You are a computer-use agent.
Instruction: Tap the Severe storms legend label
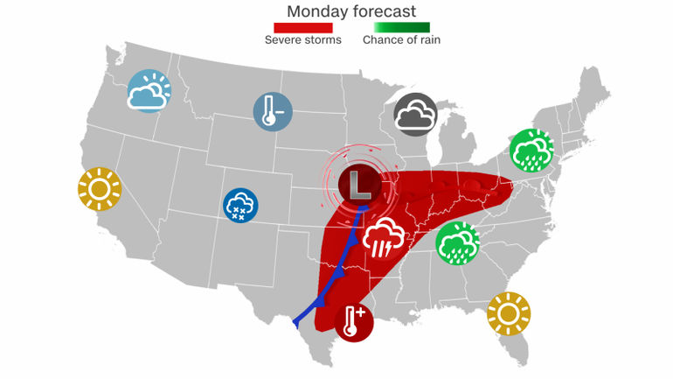pos(302,40)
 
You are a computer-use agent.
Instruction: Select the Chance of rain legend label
pos(401,40)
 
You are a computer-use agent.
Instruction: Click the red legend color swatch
pos(302,27)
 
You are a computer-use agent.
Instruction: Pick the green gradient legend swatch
pos(401,27)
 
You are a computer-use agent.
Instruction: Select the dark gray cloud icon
pos(415,115)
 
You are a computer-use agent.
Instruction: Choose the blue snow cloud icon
pos(240,207)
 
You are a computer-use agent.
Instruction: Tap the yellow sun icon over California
pos(98,188)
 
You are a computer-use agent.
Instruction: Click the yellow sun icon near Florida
pos(509,312)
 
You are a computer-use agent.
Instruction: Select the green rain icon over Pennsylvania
pos(531,150)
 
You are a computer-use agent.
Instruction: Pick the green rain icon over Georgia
pos(457,242)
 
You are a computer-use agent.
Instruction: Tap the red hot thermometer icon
pos(353,320)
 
